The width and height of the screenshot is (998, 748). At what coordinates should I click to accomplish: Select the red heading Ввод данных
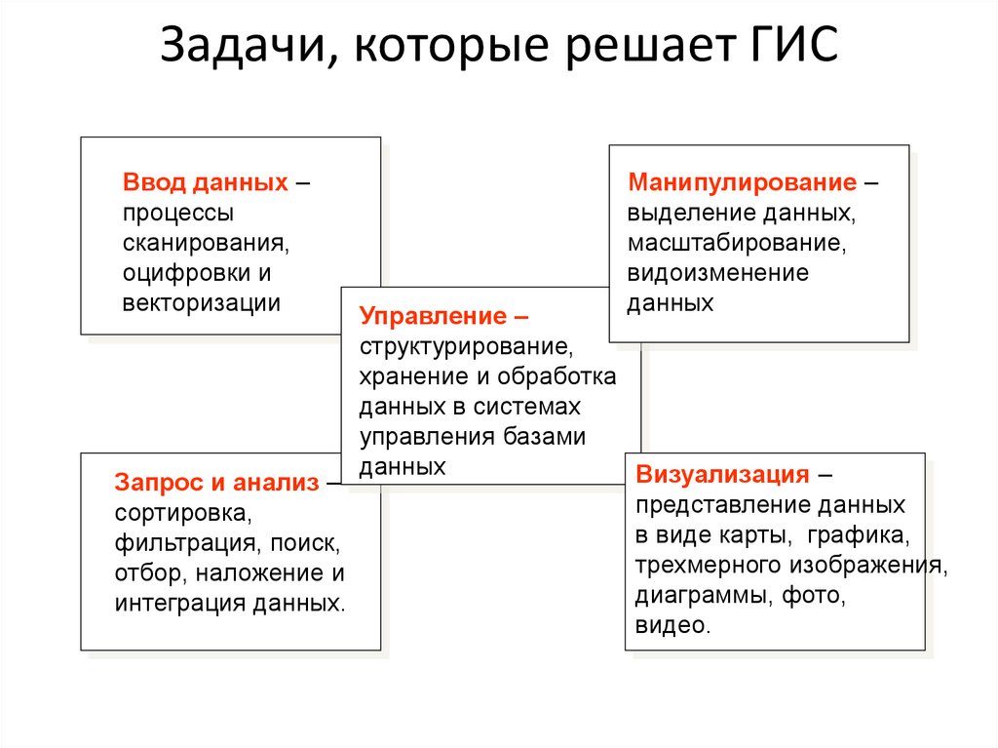tap(206, 183)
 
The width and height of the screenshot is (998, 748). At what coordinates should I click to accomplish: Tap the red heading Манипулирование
tap(743, 182)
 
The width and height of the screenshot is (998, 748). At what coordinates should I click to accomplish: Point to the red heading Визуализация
tap(722, 475)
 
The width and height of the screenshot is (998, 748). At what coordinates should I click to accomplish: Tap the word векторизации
tap(202, 302)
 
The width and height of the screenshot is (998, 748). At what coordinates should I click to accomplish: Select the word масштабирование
tap(734, 242)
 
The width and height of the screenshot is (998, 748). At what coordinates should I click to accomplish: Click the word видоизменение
tap(717, 272)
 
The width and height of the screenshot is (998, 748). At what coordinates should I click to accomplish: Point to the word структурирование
tap(463, 346)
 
